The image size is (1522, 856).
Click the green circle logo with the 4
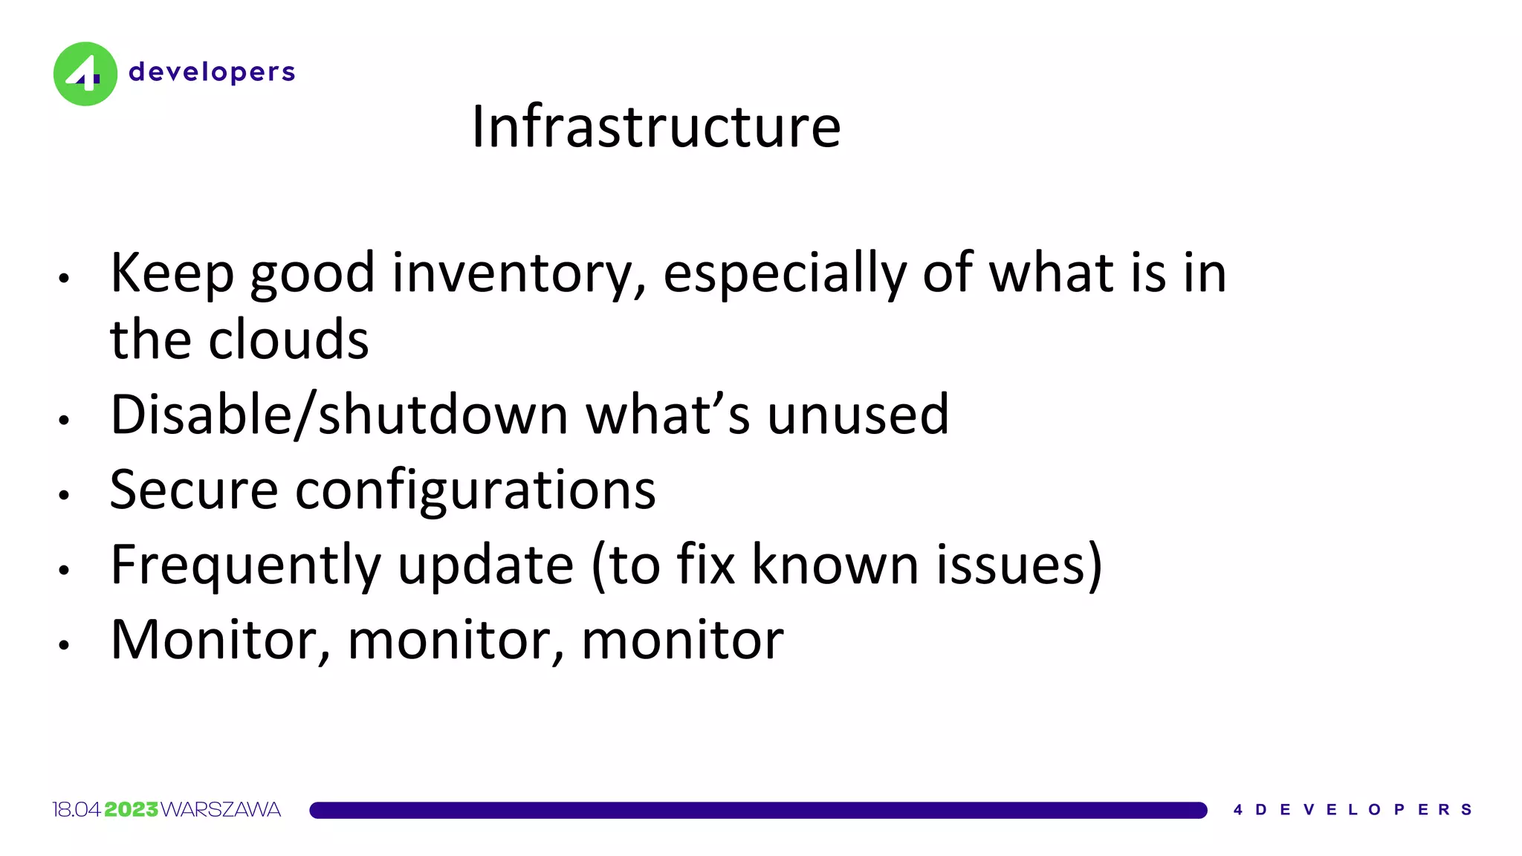point(85,74)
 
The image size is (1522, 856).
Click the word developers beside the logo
point(212,72)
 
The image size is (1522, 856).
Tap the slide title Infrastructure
point(656,126)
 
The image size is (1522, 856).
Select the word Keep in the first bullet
point(172,273)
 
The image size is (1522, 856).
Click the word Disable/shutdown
point(338,414)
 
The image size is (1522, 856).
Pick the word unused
point(858,414)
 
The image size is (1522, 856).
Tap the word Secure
point(193,490)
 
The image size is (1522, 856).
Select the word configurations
point(476,490)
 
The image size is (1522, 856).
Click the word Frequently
point(245,565)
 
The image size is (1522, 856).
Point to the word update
point(485,565)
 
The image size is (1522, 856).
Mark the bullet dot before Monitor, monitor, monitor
point(65,645)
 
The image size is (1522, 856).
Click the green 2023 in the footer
point(131,809)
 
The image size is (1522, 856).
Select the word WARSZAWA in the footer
point(221,809)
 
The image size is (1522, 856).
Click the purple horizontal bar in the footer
point(758,810)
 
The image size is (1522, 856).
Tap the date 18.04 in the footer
point(77,809)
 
